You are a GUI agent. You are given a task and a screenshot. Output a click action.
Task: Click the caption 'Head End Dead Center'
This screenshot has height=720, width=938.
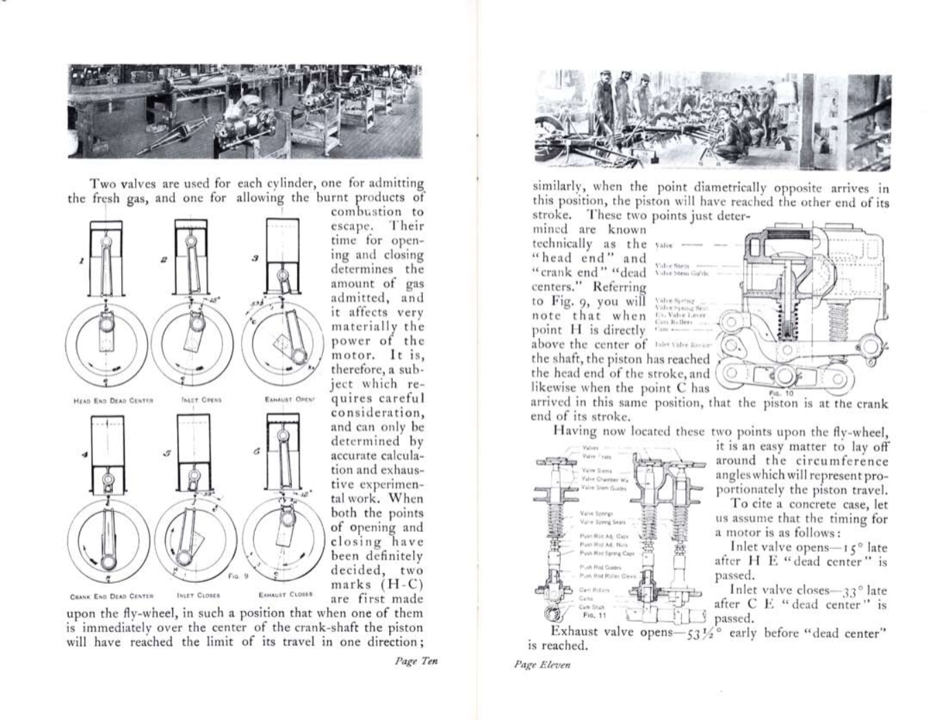coord(112,400)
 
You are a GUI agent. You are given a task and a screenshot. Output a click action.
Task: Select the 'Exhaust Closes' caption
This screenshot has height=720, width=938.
coord(286,594)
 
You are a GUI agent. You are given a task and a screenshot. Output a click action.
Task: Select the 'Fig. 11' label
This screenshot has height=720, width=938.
coord(590,615)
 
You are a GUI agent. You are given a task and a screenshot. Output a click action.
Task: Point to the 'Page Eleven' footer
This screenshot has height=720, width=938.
coord(542,665)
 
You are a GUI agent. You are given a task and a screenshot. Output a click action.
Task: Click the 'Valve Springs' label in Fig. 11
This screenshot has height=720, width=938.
coord(592,513)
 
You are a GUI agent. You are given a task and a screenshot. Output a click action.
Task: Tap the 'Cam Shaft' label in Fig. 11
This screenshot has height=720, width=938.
coord(590,606)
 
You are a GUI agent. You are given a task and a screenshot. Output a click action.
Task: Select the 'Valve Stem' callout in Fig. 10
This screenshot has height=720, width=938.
coord(667,265)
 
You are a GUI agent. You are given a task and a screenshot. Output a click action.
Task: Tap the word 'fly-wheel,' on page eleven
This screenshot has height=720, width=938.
coord(860,432)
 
